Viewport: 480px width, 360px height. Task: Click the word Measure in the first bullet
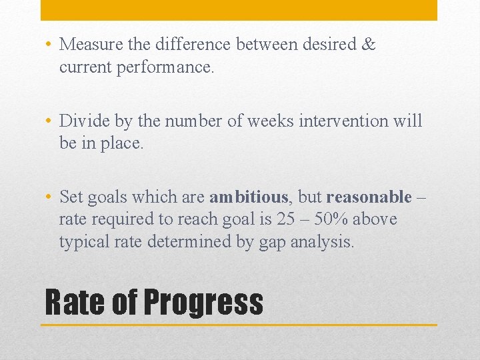(89, 45)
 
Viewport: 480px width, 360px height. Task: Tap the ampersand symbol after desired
(369, 45)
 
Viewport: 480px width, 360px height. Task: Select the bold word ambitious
(249, 197)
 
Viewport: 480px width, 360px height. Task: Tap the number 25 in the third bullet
(286, 219)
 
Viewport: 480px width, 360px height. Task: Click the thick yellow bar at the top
(239, 10)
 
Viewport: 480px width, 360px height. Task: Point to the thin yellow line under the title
(239, 325)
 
